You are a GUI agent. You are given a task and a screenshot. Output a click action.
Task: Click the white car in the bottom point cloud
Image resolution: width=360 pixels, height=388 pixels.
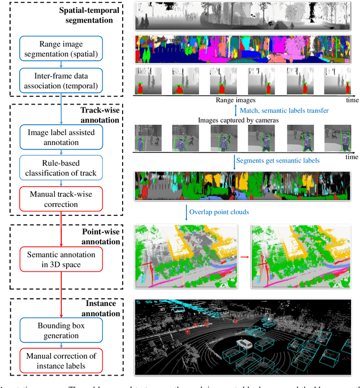(x=245, y=342)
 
